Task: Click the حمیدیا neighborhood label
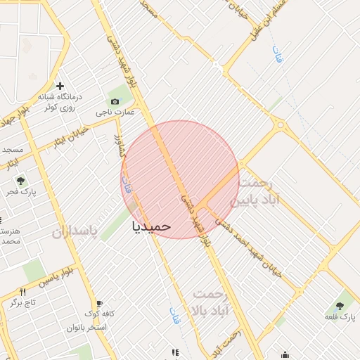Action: [x=151, y=226]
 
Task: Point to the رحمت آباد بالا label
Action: [x=212, y=302]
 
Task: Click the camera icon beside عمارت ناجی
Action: [x=115, y=101]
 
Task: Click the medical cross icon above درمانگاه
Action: [x=60, y=85]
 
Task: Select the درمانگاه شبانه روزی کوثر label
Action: [x=60, y=101]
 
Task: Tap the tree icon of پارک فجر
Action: [x=20, y=181]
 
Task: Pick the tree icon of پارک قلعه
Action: [x=340, y=306]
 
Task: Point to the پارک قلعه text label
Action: [x=340, y=317]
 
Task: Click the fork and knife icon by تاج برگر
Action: [x=22, y=292]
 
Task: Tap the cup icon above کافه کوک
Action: [x=98, y=304]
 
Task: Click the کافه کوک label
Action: [x=100, y=314]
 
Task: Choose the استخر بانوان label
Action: [x=87, y=327]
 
